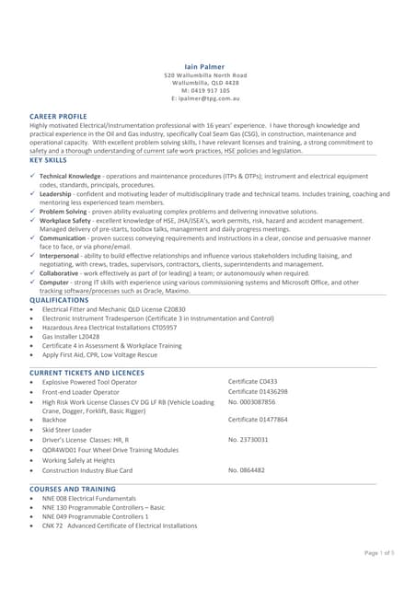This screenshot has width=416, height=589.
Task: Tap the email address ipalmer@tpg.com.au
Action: click(x=209, y=97)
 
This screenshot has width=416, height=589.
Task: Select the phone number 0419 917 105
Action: click(x=209, y=89)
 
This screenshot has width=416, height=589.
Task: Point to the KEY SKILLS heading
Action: click(x=48, y=160)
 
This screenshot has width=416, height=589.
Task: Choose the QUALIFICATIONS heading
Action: click(x=59, y=300)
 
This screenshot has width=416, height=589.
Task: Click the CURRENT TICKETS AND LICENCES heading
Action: click(x=87, y=372)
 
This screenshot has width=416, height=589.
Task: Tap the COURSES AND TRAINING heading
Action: click(x=73, y=489)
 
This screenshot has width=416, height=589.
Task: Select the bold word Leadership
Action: click(x=55, y=194)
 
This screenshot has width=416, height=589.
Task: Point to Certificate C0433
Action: click(x=252, y=381)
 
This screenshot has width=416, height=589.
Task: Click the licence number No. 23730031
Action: click(x=248, y=440)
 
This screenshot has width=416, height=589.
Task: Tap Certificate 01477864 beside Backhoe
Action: click(x=258, y=420)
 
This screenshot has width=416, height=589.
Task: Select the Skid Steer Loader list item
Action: click(x=67, y=430)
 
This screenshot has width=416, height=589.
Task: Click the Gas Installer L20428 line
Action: click(x=73, y=337)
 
